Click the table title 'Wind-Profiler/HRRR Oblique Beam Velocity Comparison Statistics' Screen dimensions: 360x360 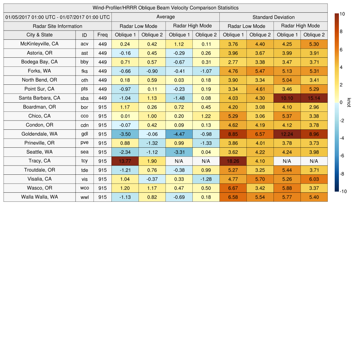point(166,8)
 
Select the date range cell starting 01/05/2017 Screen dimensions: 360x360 point(58,17)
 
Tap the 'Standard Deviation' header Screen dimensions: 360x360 point(274,17)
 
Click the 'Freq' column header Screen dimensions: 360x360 point(102,35)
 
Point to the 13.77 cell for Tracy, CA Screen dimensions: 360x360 point(125,161)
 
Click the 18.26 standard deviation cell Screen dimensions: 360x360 point(233,161)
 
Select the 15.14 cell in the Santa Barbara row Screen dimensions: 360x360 point(314,98)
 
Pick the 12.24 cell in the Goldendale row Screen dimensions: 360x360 point(287,134)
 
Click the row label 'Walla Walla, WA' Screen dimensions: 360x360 point(39,197)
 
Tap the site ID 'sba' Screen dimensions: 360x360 point(84,98)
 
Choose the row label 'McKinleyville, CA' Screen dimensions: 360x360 point(39,44)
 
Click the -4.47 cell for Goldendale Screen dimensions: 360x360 point(179,134)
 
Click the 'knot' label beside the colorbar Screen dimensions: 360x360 point(349,102)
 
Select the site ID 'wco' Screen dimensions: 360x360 point(84,188)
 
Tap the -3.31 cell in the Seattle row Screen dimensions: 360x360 point(179,152)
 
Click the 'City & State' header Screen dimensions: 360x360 point(39,35)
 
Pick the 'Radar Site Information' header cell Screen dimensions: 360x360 point(58,26)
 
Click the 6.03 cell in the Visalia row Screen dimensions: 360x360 point(314,179)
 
